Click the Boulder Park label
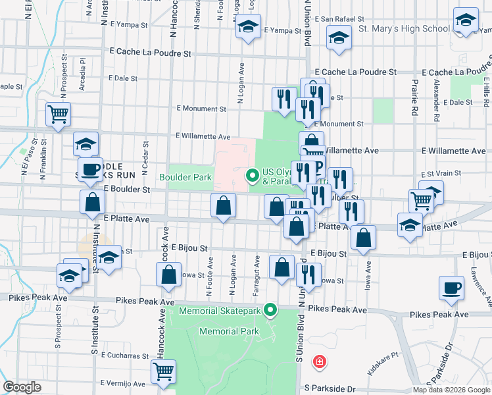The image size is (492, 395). click(x=185, y=177)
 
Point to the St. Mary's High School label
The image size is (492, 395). click(x=404, y=29)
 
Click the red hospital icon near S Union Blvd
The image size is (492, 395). click(x=319, y=362)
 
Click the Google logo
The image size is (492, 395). click(x=22, y=387)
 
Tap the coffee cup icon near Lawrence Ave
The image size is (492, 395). click(x=452, y=289)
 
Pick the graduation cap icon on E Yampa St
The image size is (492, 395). click(x=247, y=27)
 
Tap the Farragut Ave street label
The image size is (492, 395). click(x=257, y=275)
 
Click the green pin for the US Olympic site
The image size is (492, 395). click(x=251, y=175)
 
